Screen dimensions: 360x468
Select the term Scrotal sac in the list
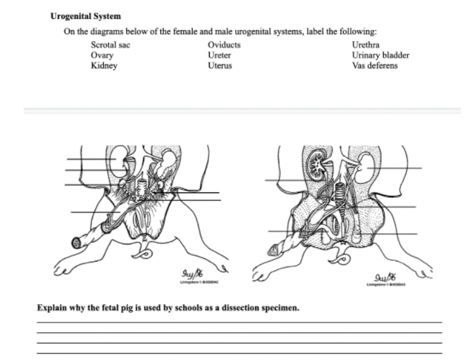tap(110, 45)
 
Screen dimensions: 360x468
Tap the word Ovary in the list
tap(102, 56)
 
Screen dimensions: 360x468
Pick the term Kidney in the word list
tap(104, 66)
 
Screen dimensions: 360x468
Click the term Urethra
tap(365, 45)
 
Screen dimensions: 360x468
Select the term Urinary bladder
tap(381, 56)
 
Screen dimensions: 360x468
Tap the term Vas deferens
tap(375, 66)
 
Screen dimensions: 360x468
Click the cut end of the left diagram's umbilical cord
tap(77, 242)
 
